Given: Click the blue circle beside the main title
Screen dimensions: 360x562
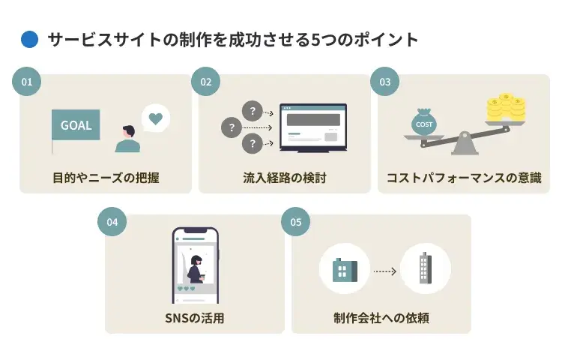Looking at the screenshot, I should point(29,40).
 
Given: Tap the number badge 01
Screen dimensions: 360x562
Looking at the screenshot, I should point(27,82).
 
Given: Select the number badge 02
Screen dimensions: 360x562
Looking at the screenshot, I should point(205,82).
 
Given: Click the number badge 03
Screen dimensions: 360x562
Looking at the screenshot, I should point(384,82).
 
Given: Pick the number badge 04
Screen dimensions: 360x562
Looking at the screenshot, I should point(112,222).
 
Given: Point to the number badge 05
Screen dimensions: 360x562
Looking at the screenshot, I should point(295,222).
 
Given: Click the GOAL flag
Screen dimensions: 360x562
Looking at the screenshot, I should point(75,125).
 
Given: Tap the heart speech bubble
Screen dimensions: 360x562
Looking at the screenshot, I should point(155,118).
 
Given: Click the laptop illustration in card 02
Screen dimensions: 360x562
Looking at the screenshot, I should point(312,127).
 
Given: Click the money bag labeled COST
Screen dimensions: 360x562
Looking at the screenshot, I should point(424,123).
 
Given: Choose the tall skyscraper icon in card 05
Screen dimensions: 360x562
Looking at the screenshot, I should point(425,268).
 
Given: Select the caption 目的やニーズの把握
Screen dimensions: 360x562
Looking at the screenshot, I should point(106,178).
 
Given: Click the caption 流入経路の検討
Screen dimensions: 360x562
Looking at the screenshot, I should point(285,178).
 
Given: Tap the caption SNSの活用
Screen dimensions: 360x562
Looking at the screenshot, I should point(194,318).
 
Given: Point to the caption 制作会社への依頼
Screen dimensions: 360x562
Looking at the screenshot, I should point(381,318).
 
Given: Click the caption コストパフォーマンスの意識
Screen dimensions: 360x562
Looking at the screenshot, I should point(463,178).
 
